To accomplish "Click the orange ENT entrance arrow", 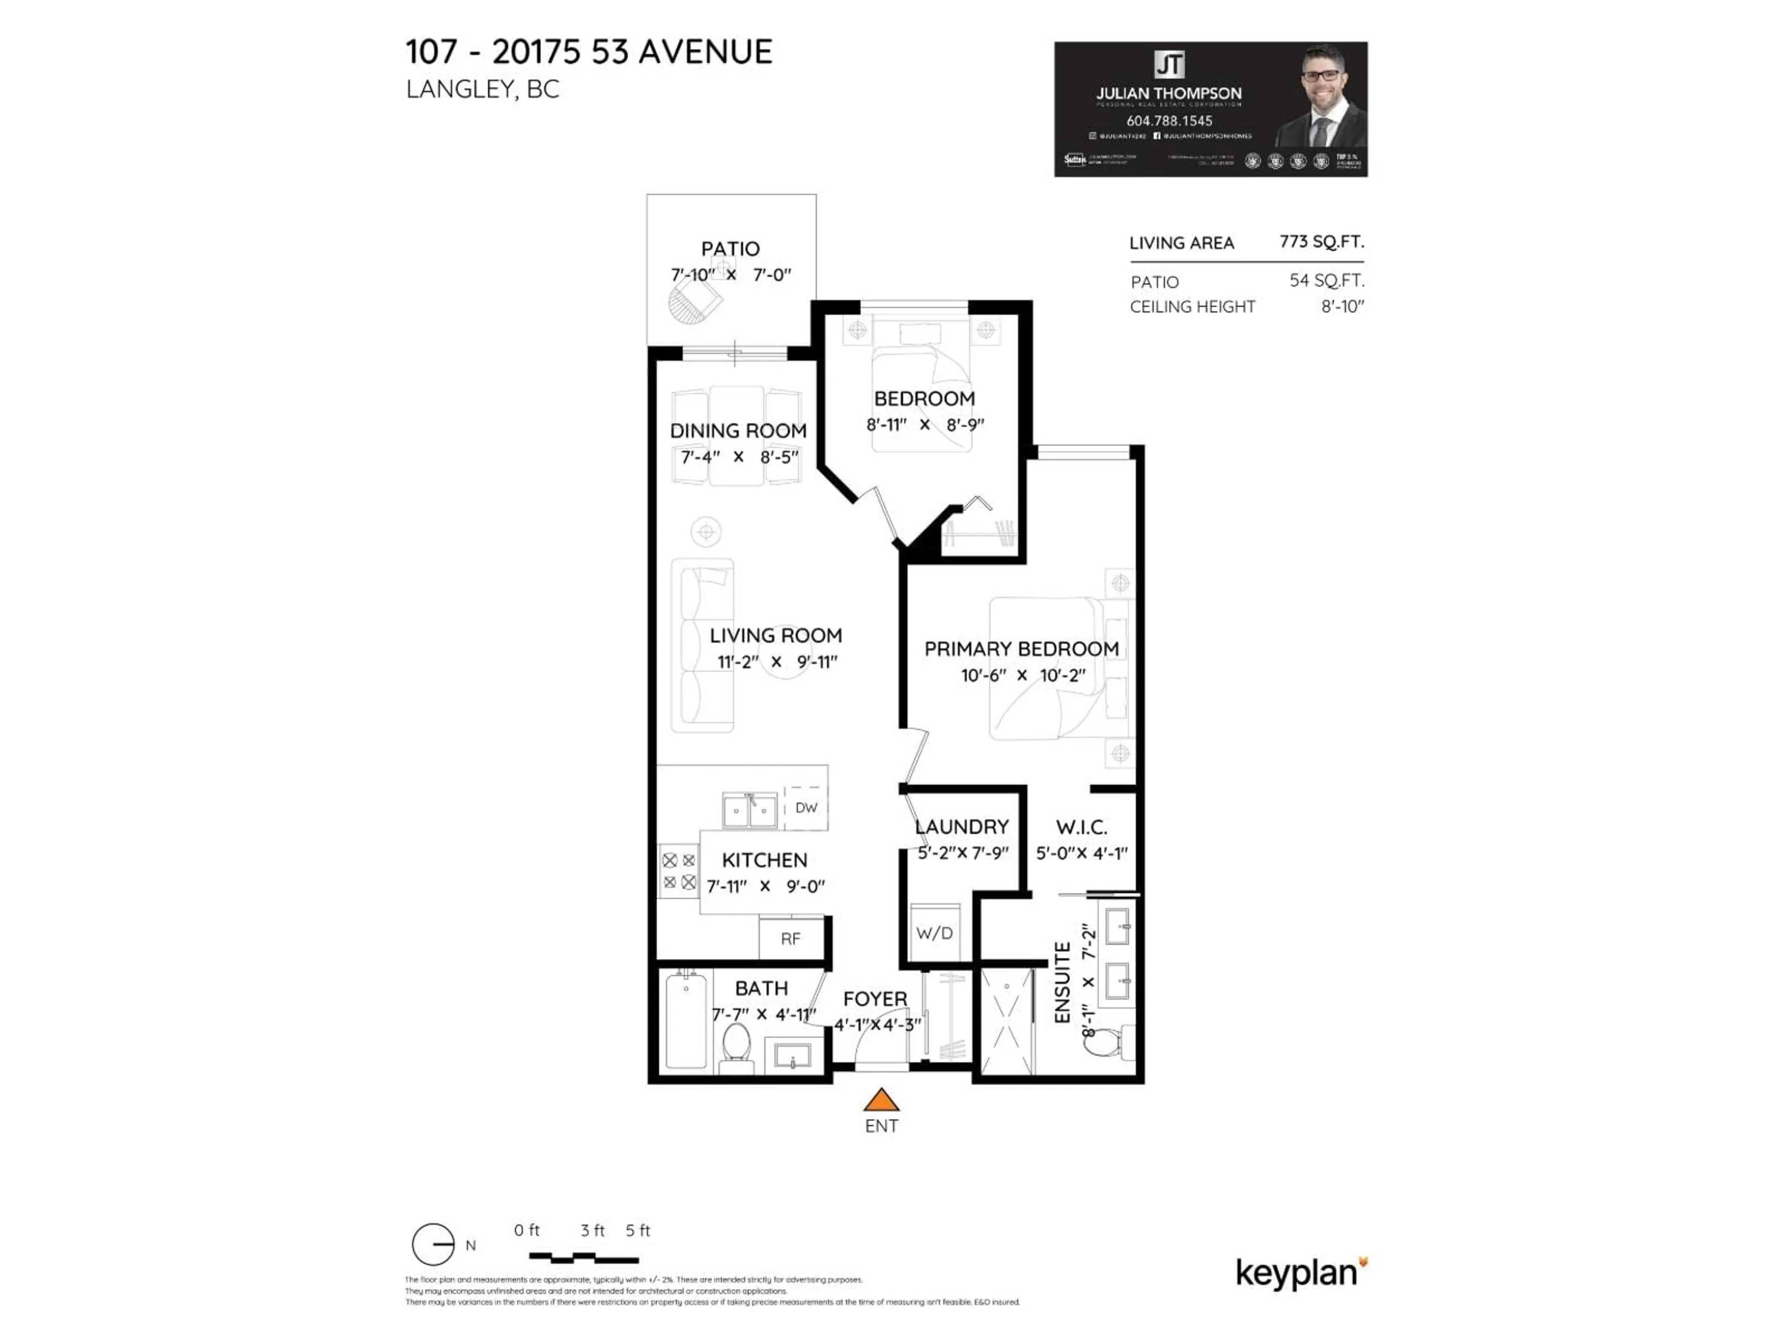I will point(881,1100).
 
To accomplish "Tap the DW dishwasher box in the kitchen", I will point(806,807).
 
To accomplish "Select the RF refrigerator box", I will point(791,938).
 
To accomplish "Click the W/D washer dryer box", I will point(935,933).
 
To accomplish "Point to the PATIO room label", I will point(730,249).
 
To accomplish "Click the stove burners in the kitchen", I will point(679,871).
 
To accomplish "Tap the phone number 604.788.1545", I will point(1169,121).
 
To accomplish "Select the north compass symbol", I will point(434,1244).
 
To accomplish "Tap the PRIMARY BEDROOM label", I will point(1021,649).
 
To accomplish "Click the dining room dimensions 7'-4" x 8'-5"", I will point(739,457).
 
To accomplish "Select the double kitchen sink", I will point(750,810).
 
